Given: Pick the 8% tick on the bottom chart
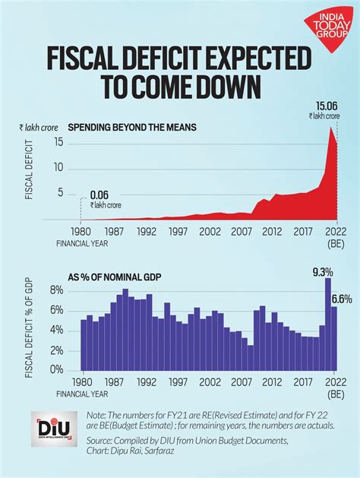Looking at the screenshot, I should click(x=55, y=290).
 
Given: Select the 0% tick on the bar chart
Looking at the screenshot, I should click(x=55, y=371).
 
